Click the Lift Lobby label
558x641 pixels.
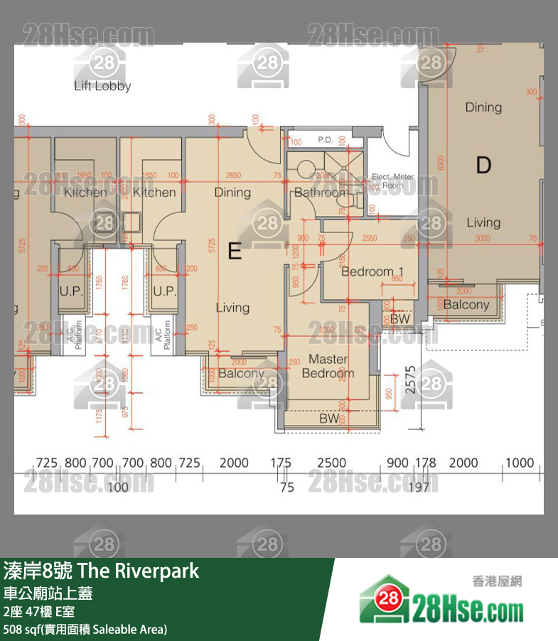pos(102,86)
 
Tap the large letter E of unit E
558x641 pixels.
pos(235,250)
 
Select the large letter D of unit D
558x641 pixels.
pos(483,166)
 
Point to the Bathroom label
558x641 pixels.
pos(322,193)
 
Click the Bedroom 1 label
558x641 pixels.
pos(372,271)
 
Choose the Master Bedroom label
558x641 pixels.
pos(328,366)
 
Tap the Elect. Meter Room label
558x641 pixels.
pos(392,181)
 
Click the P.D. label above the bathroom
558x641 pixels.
pos(326,140)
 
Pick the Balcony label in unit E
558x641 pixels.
pos(241,374)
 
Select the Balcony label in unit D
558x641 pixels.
pos(466,305)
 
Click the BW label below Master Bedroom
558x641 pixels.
pos(328,419)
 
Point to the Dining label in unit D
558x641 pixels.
pos(483,107)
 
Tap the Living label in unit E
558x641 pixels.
pos(232,308)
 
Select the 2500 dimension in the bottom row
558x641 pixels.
pos(331,463)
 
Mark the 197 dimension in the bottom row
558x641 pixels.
pos(419,487)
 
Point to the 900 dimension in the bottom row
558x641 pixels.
pos(397,463)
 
